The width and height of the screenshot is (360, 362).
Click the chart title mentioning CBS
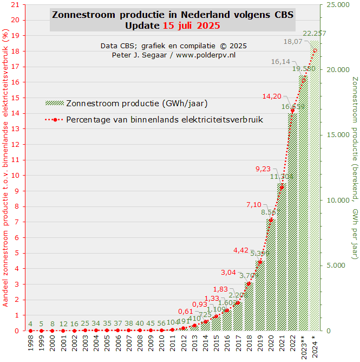click(x=173, y=15)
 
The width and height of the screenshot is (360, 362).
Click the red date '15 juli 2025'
click(x=192, y=25)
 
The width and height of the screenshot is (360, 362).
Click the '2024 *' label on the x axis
click(x=315, y=346)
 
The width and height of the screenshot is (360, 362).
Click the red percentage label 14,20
click(x=272, y=96)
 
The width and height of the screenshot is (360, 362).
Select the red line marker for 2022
click(x=293, y=111)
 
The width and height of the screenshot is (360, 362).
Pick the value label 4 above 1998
click(x=30, y=324)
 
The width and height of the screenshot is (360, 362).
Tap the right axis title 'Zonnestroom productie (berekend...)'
click(x=355, y=168)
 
